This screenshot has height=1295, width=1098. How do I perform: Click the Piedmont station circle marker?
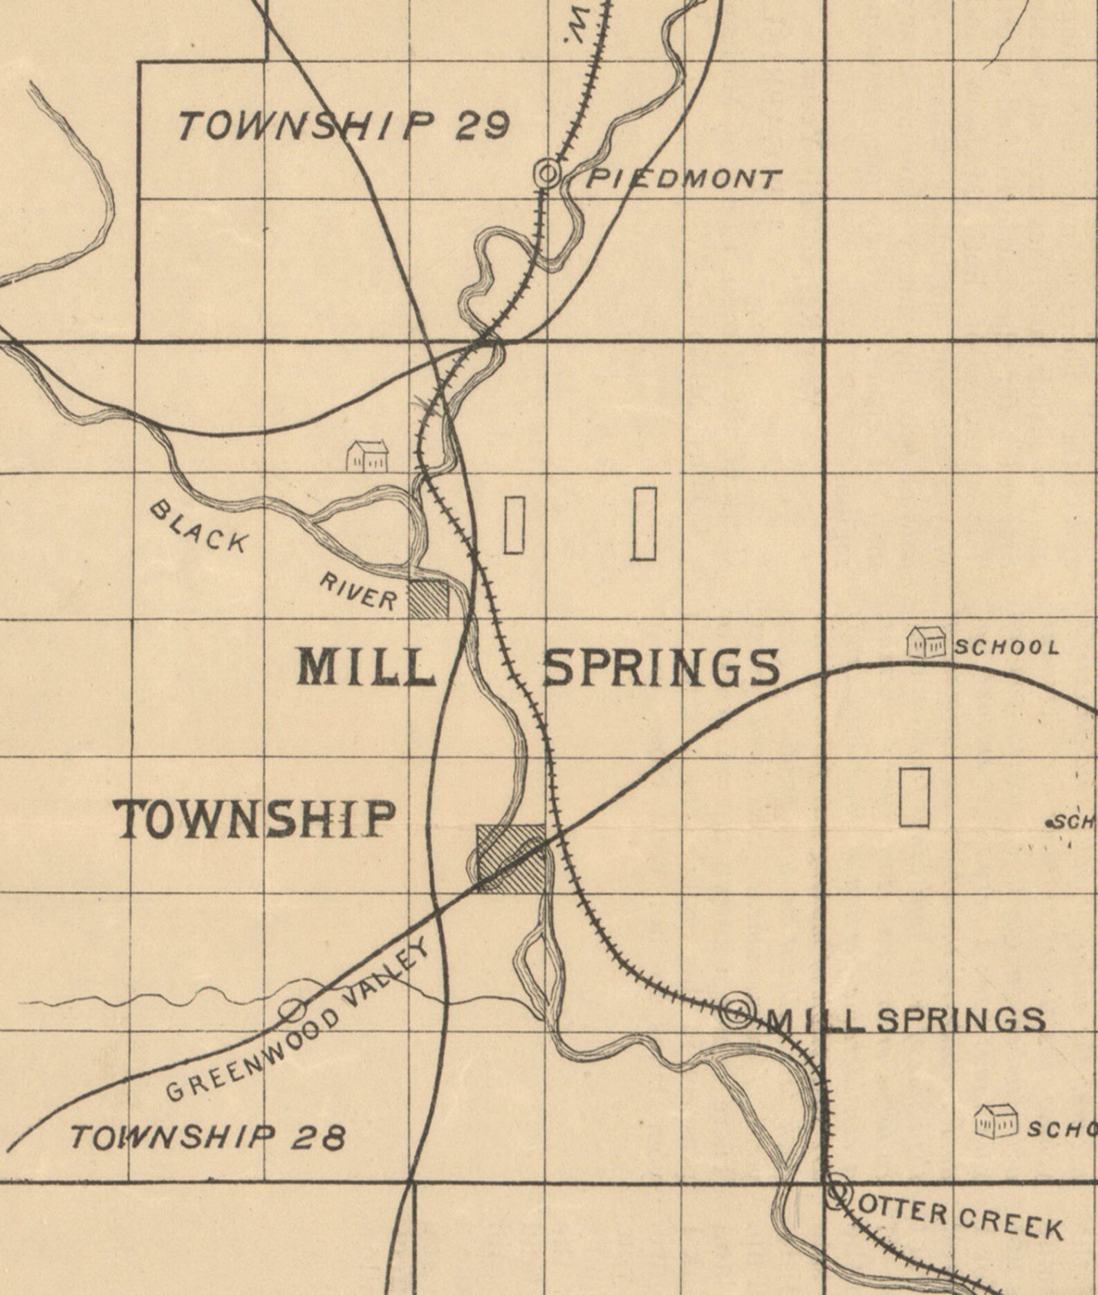[548, 173]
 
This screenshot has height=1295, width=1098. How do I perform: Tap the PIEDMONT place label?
[684, 180]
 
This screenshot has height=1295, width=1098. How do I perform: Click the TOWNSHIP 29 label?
[344, 127]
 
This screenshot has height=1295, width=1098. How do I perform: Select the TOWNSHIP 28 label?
[207, 1137]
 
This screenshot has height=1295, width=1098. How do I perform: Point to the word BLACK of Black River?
[198, 527]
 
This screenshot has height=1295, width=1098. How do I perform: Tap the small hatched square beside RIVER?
[429, 599]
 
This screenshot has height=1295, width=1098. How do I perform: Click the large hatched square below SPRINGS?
[511, 857]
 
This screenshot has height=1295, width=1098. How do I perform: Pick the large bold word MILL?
[366, 669]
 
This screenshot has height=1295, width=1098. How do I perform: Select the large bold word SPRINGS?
[661, 669]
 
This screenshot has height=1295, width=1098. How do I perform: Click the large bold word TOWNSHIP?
[255, 820]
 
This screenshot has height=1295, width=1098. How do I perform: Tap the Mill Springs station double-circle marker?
[736, 1013]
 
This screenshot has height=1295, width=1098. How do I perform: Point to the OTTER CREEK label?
[960, 1219]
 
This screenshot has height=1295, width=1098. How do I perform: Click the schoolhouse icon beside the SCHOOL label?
[926, 642]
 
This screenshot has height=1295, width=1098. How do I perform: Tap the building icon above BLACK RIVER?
[367, 456]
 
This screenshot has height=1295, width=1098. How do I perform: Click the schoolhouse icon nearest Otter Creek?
[996, 1121]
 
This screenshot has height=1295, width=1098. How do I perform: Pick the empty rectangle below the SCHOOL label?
[914, 796]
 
